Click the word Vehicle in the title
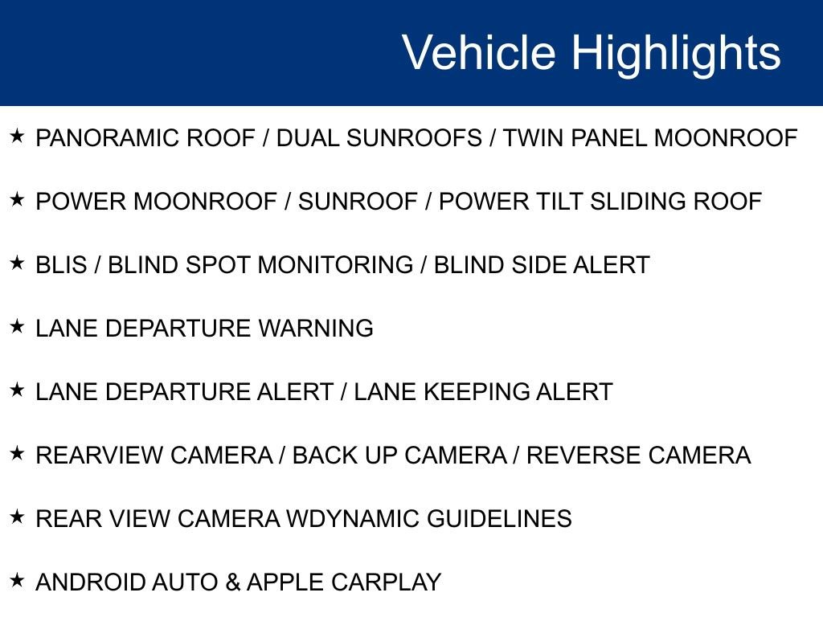478,53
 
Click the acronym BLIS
61,265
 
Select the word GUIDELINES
499,519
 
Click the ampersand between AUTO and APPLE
233,582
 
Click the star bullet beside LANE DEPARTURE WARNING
18,326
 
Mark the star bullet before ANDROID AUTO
18,580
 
